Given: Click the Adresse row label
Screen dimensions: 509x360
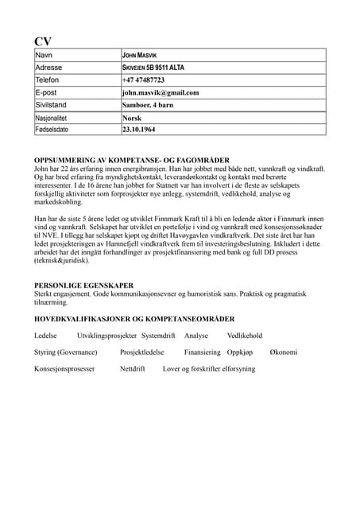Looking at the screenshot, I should point(49,68).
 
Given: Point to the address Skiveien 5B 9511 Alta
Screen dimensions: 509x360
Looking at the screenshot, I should point(158,68).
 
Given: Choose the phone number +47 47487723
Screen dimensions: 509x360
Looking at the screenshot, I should point(144,80).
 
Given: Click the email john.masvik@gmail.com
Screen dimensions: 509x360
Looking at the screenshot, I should point(160,92).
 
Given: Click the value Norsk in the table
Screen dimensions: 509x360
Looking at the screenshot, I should point(131,117).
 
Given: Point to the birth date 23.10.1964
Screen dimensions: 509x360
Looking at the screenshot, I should point(139,129).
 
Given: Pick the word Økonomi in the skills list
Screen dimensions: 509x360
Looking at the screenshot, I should point(283,352).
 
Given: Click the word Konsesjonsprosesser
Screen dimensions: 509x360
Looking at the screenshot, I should point(64,369).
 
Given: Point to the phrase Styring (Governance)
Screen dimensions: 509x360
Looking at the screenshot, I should point(66,352).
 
